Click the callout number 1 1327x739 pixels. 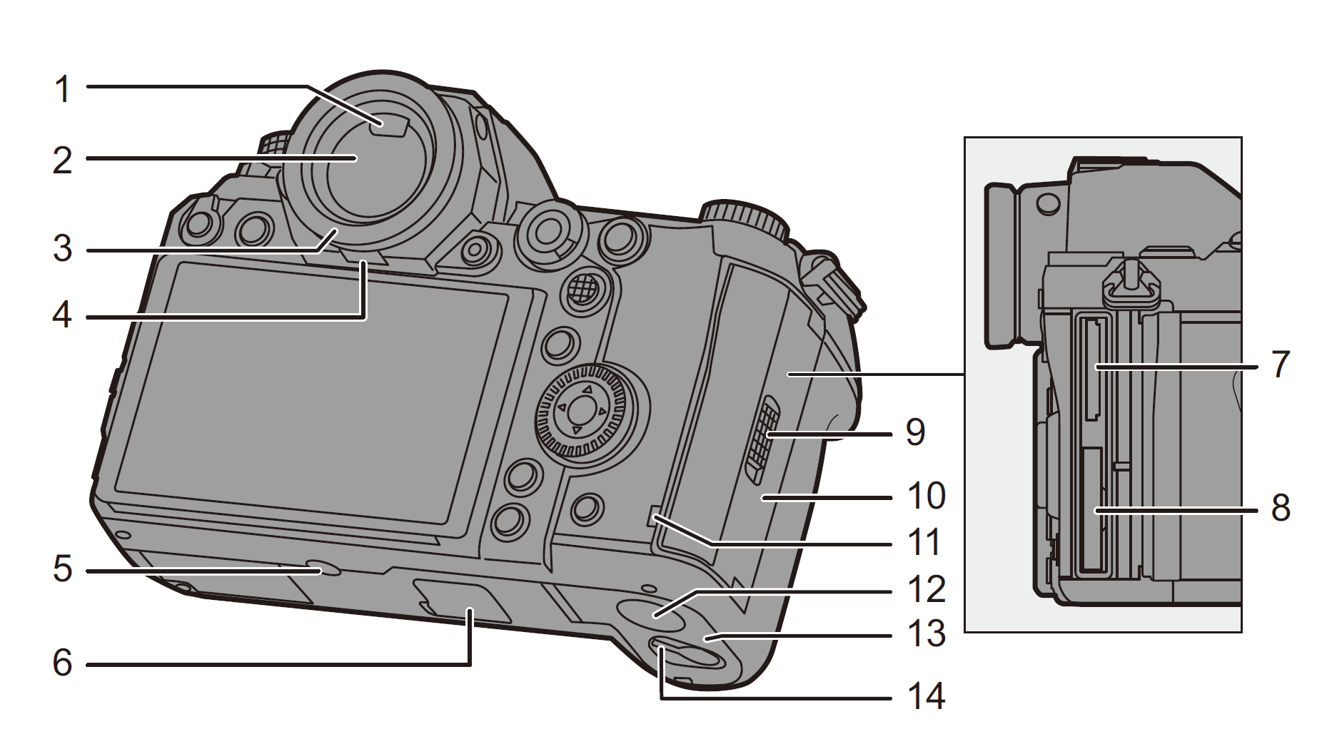64,90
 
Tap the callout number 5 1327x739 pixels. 63,570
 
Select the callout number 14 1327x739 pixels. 926,696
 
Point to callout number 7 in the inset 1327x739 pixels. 1281,365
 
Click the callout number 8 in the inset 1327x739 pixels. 1281,508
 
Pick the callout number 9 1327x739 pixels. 916,432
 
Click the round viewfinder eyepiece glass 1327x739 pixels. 357,171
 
